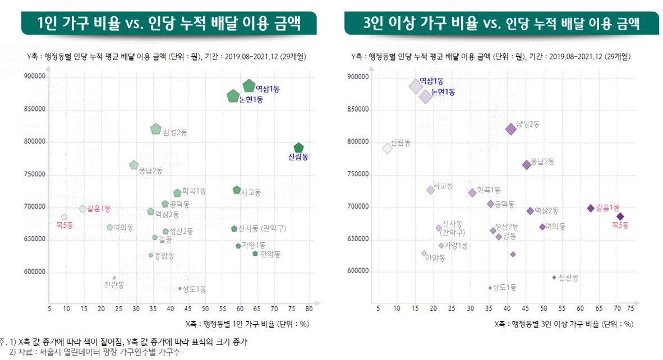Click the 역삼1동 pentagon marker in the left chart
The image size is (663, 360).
coord(249,85)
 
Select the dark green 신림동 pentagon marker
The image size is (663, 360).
coord(298,148)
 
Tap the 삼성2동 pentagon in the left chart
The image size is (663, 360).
coord(156,129)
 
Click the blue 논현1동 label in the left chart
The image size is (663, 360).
coord(251,100)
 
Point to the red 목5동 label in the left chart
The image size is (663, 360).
coord(65,225)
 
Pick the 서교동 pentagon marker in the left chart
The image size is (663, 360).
coord(237,190)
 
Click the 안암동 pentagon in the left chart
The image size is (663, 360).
coord(255,253)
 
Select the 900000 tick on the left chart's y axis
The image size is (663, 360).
coord(35,77)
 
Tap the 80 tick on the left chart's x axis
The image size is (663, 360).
coord(309,308)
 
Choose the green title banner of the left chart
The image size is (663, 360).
coord(168,24)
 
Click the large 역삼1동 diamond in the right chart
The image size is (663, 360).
coord(416,86)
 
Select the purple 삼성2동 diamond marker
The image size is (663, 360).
coord(511,129)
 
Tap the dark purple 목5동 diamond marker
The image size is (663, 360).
coord(620,216)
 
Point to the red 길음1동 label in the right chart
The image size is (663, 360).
coord(607,207)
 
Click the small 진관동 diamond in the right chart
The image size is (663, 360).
coord(554,277)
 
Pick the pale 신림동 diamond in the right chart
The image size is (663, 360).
coord(387,148)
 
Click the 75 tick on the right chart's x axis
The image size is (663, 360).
coord(630,308)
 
